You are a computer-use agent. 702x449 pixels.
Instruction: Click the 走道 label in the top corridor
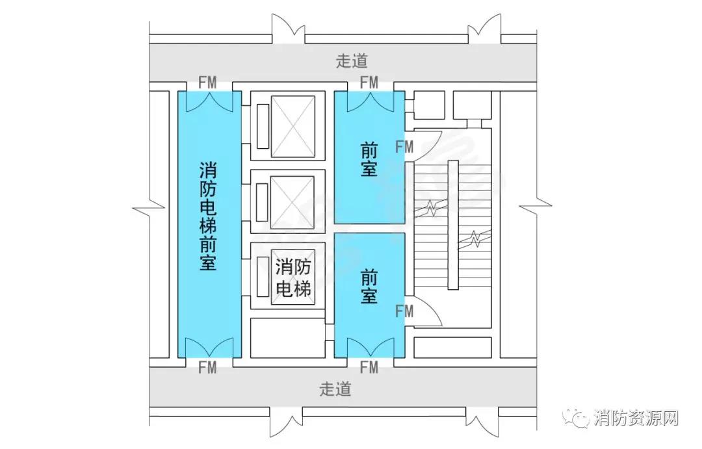pos(352,61)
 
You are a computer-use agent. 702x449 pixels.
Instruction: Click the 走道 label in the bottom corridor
pos(335,389)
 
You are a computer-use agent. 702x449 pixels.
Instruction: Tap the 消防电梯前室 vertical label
pos(208,216)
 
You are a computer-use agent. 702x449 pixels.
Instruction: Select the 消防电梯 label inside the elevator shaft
pos(292,277)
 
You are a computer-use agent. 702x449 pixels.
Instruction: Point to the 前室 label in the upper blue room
pos(369,160)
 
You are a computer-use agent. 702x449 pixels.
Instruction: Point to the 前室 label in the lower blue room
pos(369,287)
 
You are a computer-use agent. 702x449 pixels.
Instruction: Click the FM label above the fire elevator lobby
pos(207,83)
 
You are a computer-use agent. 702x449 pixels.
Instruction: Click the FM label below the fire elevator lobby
pos(207,368)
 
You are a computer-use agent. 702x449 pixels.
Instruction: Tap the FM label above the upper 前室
pos(369,83)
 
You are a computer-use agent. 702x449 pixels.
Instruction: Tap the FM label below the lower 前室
pos(369,368)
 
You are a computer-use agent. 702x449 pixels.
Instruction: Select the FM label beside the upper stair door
pos(404,147)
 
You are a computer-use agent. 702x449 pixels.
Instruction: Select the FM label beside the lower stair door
pos(404,311)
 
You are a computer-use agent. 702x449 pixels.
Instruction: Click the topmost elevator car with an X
pos(292,125)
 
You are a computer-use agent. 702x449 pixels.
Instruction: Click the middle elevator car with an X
pos(292,202)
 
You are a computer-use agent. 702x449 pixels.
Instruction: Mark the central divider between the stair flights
pos(453,225)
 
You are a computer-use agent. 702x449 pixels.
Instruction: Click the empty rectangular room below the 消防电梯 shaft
pos(287,337)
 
